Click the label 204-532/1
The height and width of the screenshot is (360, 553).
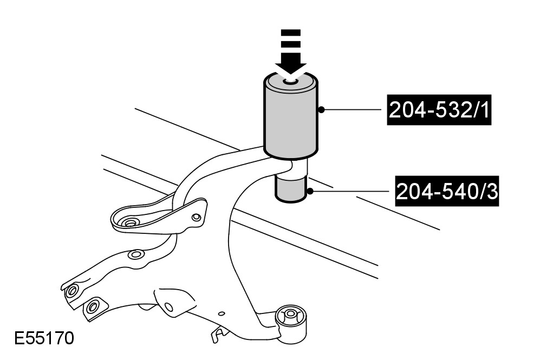pos(439,110)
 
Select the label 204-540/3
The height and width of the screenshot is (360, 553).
pos(446,192)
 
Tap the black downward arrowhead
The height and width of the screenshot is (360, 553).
pos(291,67)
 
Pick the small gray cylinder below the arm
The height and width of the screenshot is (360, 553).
pos(292,189)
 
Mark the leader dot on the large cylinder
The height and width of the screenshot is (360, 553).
pos(321,110)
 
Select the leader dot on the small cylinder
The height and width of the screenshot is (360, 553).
pos(310,191)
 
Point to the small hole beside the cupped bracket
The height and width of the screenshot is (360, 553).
pos(196,218)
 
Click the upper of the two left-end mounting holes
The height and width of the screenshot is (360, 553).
pos(70,291)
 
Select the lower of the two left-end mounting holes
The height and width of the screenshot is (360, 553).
pos(92,307)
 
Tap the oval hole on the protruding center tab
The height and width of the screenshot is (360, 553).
pos(169,307)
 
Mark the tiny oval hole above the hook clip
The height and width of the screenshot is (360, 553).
pos(221,313)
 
